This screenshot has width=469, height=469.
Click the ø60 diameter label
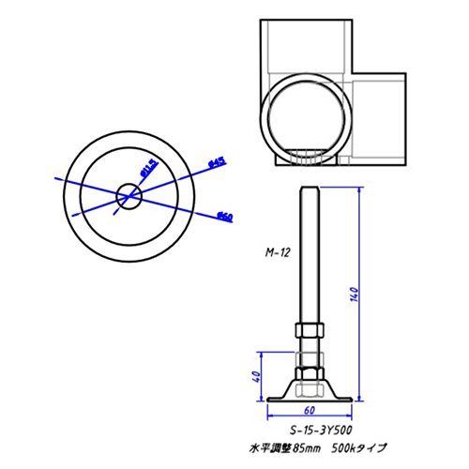coord(224,217)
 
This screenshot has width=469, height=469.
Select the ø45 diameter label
coord(215,163)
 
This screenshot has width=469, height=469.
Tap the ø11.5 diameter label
coord(148,170)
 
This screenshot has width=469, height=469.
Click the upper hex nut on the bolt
coord(309,331)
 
